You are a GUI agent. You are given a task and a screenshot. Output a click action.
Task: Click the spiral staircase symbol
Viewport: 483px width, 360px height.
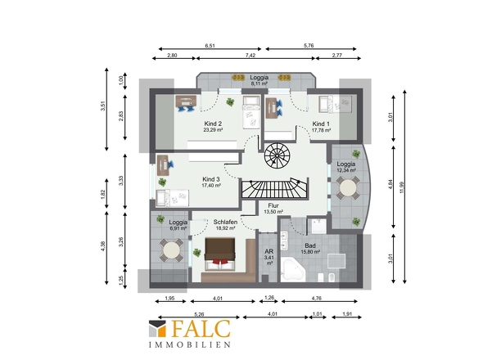[x=277, y=155]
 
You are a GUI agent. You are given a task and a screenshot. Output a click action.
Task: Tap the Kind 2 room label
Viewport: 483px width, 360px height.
[x=213, y=124]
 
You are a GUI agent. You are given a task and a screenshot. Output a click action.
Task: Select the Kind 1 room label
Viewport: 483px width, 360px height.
[x=321, y=124]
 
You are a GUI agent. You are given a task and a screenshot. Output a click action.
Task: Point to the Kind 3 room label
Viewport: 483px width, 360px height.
[x=211, y=179]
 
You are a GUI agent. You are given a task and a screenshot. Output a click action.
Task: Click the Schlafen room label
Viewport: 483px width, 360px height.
[x=225, y=222]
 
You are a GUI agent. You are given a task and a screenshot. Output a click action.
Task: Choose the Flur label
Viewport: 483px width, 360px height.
[x=273, y=205]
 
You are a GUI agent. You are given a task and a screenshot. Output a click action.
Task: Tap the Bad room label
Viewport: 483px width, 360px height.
[x=310, y=245]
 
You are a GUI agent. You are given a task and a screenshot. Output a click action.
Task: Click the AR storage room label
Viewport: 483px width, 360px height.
[x=269, y=252]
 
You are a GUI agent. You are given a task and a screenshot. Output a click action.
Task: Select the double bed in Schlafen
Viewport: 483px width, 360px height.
[x=220, y=254]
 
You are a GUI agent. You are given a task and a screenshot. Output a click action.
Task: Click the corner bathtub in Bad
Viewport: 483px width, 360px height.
[x=292, y=270]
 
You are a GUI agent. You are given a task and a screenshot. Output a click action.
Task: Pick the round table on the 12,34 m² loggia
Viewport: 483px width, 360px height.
[x=348, y=187]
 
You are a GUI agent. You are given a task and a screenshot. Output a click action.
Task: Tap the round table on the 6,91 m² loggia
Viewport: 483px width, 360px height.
[x=172, y=250]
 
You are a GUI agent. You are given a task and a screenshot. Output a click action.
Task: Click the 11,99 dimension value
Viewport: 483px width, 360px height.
[x=401, y=187]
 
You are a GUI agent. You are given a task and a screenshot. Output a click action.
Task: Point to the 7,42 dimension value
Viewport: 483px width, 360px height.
[x=251, y=56]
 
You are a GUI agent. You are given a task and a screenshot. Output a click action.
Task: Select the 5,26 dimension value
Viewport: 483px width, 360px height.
[x=199, y=314]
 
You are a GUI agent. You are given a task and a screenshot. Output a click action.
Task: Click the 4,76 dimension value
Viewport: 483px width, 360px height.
[x=317, y=298]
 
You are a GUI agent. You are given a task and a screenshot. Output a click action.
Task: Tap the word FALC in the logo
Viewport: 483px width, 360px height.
[x=201, y=329]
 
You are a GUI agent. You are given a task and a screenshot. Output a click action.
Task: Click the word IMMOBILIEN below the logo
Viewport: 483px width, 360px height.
[x=190, y=345]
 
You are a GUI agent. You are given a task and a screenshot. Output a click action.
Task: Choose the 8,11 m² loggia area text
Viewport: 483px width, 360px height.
[x=259, y=83]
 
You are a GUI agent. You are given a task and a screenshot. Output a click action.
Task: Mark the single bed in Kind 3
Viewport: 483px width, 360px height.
[x=172, y=198]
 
